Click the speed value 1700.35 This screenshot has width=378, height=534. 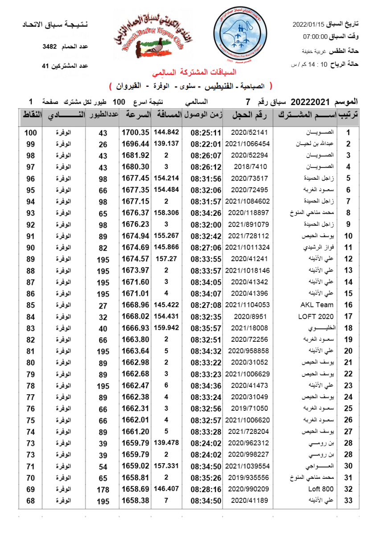point(136,132)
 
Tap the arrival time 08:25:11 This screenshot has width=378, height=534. point(206,132)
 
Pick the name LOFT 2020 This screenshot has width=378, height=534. point(316,316)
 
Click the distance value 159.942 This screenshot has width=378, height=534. point(166,328)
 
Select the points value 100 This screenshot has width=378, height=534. point(30,132)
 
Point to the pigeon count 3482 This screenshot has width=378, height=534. point(49,46)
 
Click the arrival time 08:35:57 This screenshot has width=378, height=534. point(206,328)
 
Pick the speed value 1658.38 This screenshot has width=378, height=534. point(136,501)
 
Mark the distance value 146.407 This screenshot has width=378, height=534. point(166,489)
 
